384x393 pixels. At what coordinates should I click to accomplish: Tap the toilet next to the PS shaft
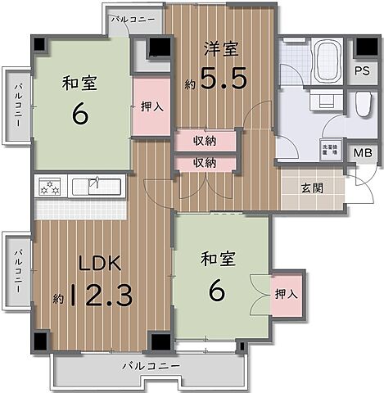click(363, 103)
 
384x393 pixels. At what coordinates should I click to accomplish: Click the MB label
click(362, 151)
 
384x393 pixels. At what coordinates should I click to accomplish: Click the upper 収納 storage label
click(205, 141)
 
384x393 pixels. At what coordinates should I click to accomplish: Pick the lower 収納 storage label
click(205, 163)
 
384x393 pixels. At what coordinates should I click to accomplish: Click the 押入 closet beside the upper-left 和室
click(151, 105)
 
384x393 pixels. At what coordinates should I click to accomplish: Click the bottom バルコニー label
click(147, 364)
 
